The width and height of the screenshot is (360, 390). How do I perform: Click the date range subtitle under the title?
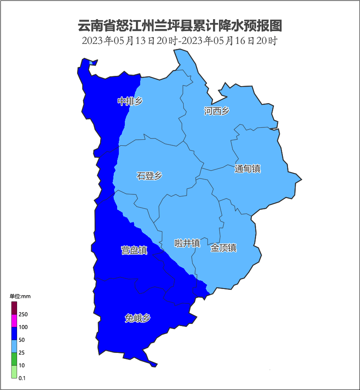(x=180, y=41)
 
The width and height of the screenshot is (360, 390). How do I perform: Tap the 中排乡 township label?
(x=130, y=101)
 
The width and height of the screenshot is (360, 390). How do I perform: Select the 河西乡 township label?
(x=216, y=111)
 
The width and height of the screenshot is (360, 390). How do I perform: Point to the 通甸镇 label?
(x=247, y=169)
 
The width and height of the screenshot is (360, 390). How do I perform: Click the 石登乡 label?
(x=149, y=176)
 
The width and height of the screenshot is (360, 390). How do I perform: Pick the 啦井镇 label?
(x=187, y=243)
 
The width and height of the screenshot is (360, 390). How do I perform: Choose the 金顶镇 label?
(x=223, y=248)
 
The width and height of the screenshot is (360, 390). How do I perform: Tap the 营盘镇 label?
(x=134, y=250)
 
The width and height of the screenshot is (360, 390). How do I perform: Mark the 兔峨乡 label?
(x=137, y=318)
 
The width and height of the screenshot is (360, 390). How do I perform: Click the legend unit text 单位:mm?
(x=20, y=296)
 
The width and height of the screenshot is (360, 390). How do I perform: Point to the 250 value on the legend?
(x=23, y=315)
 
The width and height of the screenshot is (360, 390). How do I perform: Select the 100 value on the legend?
(x=23, y=327)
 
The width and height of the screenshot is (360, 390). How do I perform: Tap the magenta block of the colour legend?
(x=14, y=321)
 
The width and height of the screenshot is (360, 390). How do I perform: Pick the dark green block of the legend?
(x=14, y=359)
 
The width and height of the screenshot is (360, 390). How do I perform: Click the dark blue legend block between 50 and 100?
(x=14, y=333)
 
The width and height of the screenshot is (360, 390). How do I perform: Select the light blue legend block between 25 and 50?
(x=14, y=346)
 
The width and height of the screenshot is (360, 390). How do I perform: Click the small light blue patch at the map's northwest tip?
(x=91, y=63)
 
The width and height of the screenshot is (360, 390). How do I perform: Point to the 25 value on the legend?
(x=22, y=353)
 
